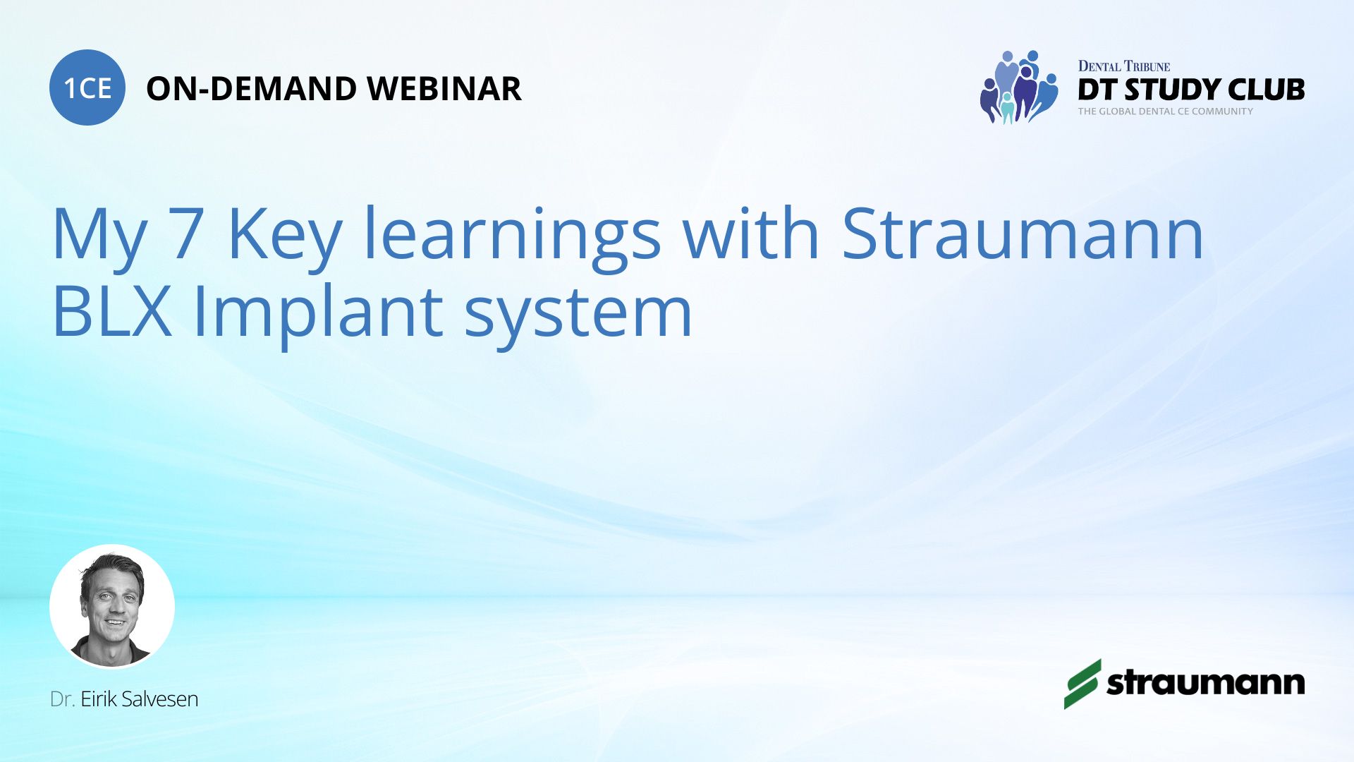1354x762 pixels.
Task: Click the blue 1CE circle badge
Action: pos(87,87)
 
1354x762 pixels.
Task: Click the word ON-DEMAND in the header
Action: pos(251,89)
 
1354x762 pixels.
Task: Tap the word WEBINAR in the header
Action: pos(444,89)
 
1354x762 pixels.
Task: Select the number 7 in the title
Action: pos(187,234)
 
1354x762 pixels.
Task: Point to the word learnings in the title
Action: pos(512,238)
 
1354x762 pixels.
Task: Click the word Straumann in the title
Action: pos(1023,233)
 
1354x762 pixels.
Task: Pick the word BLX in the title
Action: pos(111,310)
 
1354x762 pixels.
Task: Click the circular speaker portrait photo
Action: pos(112,606)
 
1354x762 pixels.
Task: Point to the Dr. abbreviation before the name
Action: pos(62,699)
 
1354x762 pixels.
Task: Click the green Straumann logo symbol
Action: pos(1082,684)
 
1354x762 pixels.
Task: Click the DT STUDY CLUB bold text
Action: pos(1191,90)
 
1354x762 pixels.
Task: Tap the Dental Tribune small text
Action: pos(1124,66)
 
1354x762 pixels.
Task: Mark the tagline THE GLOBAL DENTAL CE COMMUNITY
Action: pos(1165,111)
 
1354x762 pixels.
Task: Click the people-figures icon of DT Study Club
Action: pos(1019,87)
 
